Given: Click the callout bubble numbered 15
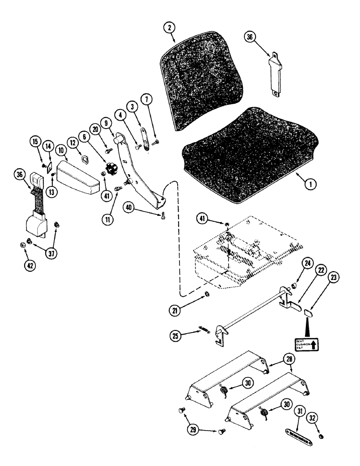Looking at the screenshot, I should pos(35,140).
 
